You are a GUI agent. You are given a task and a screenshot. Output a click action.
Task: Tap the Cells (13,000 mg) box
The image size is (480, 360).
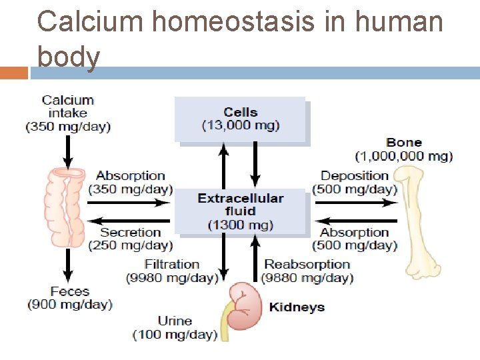240,119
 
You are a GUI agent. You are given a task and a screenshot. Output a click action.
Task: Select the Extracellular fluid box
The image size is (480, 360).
241,211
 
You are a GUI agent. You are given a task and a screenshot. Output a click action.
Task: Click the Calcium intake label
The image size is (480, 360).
68,113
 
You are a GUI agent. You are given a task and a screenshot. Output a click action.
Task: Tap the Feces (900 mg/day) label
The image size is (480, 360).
70,298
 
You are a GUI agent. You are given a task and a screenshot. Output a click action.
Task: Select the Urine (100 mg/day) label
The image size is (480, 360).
175,327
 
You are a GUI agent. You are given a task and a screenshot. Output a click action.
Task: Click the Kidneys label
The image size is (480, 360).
297,307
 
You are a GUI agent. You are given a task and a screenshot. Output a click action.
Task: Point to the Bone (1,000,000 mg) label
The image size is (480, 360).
404,149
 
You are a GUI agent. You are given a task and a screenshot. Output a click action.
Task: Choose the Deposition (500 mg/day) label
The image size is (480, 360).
355,182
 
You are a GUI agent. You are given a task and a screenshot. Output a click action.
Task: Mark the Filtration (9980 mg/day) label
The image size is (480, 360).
172,271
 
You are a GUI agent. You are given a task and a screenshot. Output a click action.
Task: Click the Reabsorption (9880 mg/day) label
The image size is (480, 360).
307,271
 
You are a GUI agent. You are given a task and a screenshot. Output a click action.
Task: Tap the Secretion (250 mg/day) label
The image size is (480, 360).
130,239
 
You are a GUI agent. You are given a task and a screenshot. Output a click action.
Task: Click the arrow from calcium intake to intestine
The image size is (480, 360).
67,151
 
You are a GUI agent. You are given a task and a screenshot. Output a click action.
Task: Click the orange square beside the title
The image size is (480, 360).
13,73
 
